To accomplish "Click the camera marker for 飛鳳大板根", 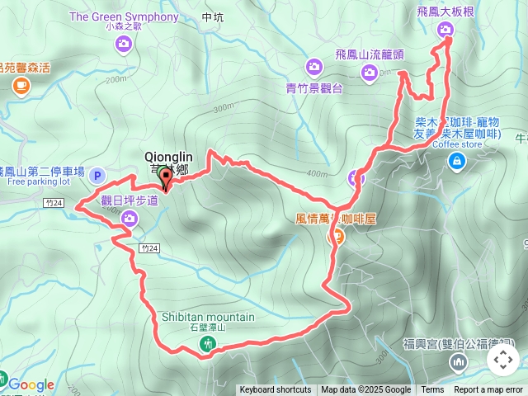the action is pos(446,30).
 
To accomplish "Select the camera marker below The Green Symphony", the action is pos(125,44).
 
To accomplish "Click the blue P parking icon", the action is pos(97,174).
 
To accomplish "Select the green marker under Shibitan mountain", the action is pos(208,343).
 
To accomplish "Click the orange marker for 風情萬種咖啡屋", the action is pos(337,237).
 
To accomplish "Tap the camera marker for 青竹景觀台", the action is pos(313,66).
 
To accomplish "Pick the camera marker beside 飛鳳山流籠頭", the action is pos(370,73).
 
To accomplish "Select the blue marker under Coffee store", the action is pos(455,161).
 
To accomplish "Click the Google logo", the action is pos(31,384).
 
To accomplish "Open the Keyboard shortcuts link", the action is pos(276,390).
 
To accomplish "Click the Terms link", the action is pos(432,390).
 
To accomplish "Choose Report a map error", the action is pos(488,390).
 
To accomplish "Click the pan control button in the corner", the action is pos(502,360).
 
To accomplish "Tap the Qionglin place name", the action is pos(167,155).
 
